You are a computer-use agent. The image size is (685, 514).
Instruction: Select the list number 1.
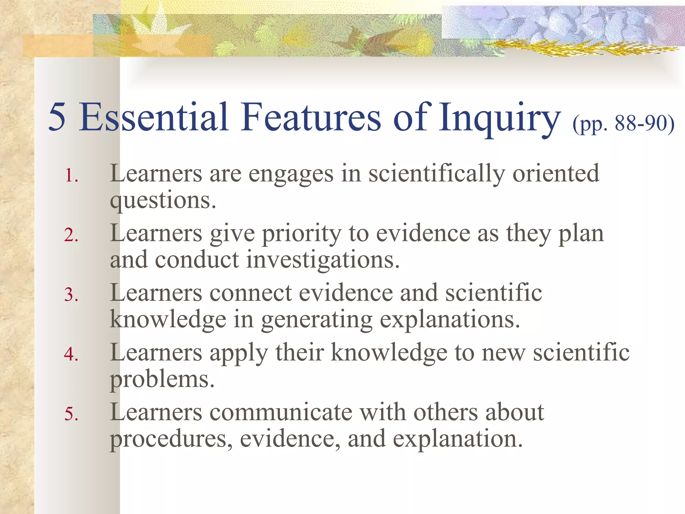71,175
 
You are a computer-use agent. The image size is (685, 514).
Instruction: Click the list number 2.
71,235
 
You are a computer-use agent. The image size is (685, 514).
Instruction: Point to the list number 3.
71,294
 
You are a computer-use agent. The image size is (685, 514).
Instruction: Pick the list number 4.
71,354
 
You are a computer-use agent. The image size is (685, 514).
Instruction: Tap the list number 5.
71,414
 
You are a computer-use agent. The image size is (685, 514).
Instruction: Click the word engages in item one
291,175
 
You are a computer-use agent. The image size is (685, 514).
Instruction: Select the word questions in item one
163,201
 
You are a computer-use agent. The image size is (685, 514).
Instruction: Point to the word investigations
323,260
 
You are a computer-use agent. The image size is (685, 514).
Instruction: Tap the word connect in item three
251,293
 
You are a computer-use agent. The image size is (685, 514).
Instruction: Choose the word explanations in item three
450,320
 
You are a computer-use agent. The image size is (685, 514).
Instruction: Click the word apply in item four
238,353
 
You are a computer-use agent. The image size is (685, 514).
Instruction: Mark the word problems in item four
162,379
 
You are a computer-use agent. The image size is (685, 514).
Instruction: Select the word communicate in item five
281,412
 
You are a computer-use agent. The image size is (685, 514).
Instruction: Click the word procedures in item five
171,439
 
